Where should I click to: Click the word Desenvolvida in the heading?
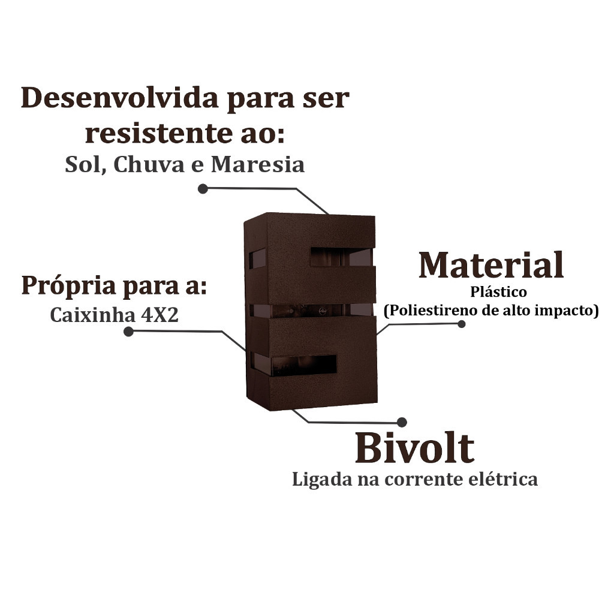(119, 98)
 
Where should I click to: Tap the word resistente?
(158, 133)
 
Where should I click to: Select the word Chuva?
(149, 164)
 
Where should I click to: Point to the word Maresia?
(258, 164)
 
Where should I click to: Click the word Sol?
(86, 164)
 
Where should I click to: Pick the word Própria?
(68, 287)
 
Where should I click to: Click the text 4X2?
(159, 315)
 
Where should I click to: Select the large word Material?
(491, 265)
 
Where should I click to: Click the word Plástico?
(498, 292)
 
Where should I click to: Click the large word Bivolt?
(415, 448)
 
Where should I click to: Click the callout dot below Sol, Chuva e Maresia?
(203, 189)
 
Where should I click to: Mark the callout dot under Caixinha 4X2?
(128, 332)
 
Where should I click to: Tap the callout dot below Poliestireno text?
(462, 324)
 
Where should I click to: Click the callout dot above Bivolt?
(402, 422)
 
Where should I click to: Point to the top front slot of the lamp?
(342, 257)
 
